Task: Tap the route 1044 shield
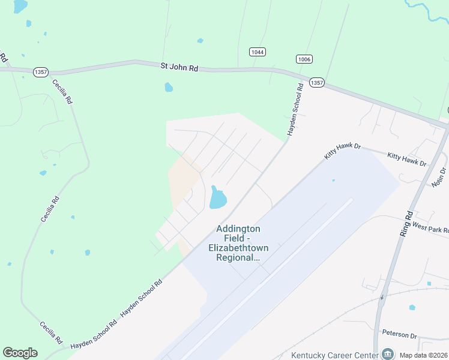(x=258, y=52)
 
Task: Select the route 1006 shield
(x=304, y=59)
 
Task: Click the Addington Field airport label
(x=238, y=243)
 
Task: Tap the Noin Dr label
(x=439, y=178)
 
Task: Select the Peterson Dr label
(x=399, y=334)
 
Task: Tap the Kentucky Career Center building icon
(x=387, y=354)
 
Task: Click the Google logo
(x=20, y=353)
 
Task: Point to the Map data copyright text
(x=423, y=355)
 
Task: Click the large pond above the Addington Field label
(x=217, y=198)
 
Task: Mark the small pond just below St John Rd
(x=169, y=88)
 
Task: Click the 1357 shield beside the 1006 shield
(x=317, y=83)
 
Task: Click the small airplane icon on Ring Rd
(x=382, y=297)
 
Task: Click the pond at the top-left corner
(x=20, y=6)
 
